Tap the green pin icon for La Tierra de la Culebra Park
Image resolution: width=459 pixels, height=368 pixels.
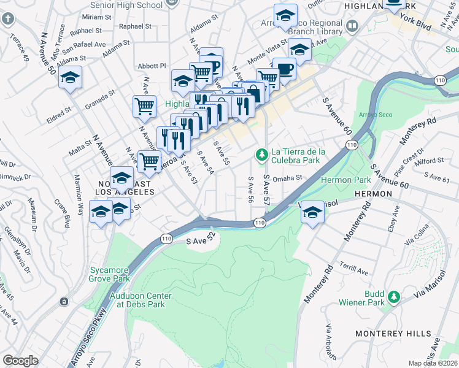[x=262, y=153]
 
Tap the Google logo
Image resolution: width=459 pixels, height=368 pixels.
[x=20, y=361]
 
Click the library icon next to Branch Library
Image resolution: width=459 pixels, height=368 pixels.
[x=352, y=26]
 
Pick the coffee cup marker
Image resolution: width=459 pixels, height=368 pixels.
[x=284, y=69]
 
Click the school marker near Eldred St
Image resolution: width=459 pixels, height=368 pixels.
[x=71, y=78]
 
